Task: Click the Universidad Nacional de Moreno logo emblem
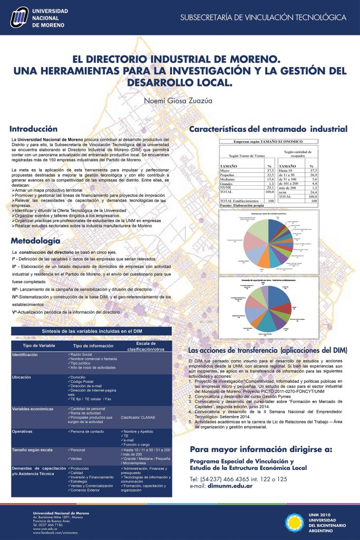coord(19,18)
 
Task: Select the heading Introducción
coord(33,129)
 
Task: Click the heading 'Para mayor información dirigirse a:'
coord(261,449)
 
